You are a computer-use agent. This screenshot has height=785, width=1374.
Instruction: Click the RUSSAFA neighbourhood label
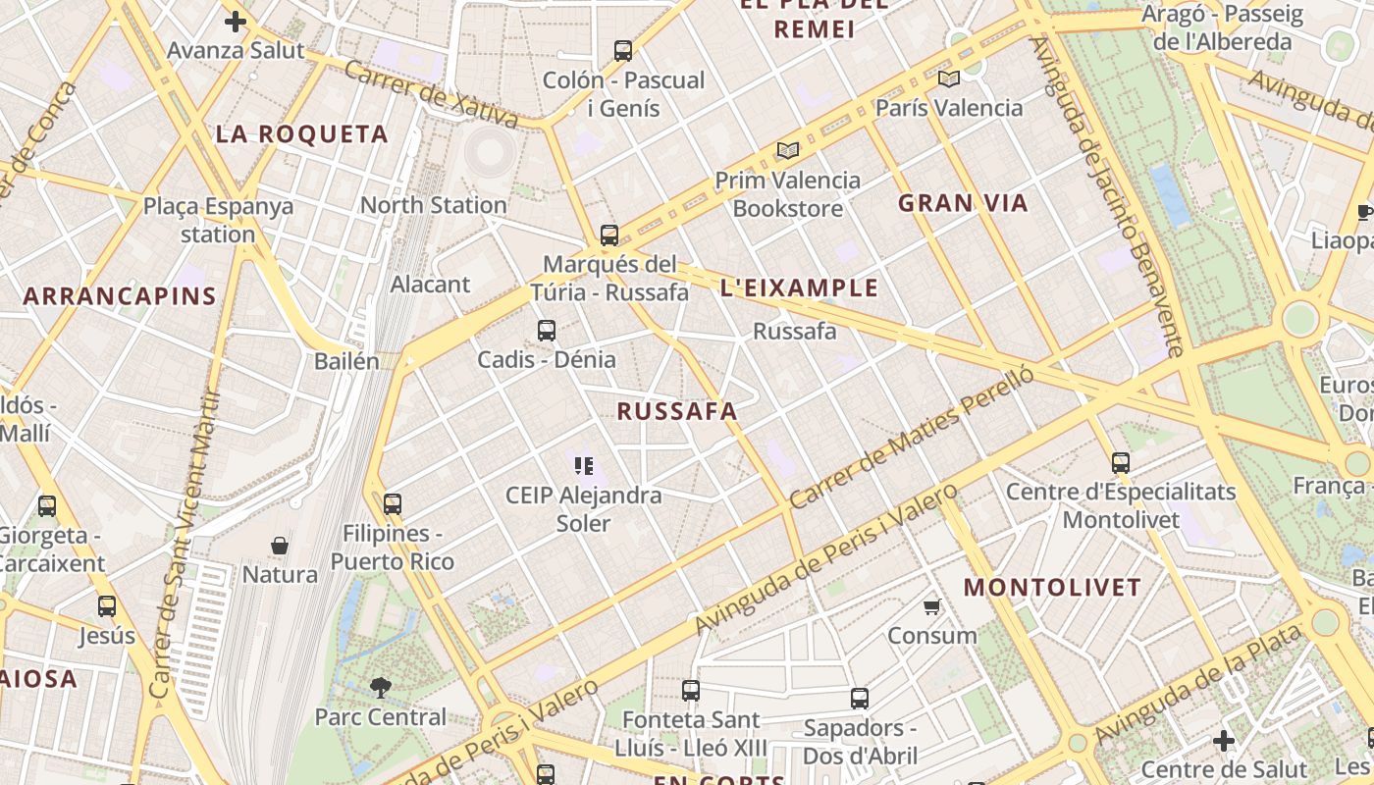[x=677, y=411]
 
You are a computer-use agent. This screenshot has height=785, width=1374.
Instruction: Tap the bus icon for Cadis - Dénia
[x=547, y=331]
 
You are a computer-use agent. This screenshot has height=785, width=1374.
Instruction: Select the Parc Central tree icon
[x=381, y=688]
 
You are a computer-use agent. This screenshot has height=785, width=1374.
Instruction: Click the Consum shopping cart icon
[x=932, y=606]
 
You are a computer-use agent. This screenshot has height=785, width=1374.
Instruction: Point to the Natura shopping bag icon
[x=280, y=546]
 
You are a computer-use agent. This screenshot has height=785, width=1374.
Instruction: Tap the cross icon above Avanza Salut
[x=236, y=21]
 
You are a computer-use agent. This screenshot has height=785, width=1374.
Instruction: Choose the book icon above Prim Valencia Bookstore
[x=787, y=150]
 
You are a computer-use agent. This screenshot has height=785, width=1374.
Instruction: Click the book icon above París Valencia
[x=948, y=78]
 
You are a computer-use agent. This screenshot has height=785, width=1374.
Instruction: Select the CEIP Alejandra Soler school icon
[x=584, y=465]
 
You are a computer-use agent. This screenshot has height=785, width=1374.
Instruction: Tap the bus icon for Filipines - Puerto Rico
[x=393, y=504]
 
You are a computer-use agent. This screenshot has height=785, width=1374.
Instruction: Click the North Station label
[x=433, y=205]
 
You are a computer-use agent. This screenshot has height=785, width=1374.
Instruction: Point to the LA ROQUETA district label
[x=302, y=134]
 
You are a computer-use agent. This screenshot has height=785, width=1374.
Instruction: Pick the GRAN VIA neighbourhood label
[x=963, y=203]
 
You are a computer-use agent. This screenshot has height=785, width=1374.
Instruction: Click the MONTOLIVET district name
[x=1052, y=588]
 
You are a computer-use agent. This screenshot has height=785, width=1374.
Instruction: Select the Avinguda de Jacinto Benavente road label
[x=1105, y=196]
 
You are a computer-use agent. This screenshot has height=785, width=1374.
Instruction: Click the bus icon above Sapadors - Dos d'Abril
[x=860, y=699]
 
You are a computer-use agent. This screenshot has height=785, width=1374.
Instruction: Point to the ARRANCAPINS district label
[x=120, y=296]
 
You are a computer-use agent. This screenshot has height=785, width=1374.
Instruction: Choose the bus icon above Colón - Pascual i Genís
[x=623, y=51]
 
